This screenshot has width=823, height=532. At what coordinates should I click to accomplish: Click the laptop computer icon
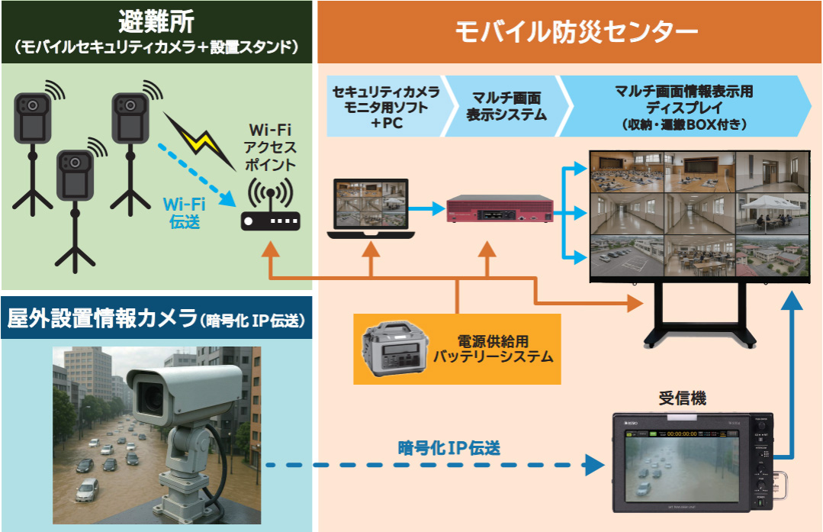tap(370, 208)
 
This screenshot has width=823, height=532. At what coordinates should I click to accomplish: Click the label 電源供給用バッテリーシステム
tap(493, 349)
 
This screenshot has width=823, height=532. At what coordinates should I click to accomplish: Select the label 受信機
tap(681, 398)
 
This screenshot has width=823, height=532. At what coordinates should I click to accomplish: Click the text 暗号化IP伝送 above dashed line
tap(449, 448)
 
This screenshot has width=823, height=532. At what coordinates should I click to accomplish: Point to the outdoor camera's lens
tap(149, 395)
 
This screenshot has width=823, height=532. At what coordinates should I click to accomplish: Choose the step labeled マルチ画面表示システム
tap(506, 107)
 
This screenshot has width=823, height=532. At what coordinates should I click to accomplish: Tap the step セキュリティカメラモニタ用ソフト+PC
tap(386, 107)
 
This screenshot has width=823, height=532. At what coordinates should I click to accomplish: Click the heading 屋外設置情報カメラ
tap(102, 320)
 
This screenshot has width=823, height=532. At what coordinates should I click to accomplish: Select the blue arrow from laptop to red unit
tap(432, 207)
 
